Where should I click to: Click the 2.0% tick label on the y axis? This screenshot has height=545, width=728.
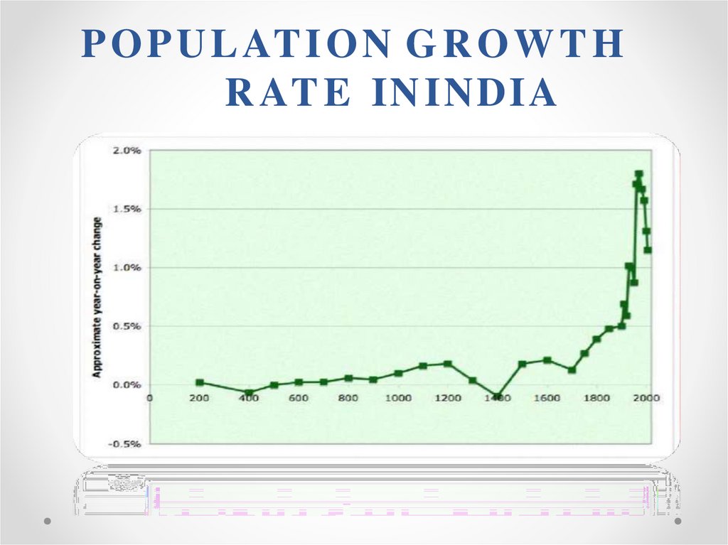click(127, 151)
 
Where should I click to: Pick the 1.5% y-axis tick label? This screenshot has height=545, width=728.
click(127, 209)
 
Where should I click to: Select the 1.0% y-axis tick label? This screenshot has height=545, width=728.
click(127, 267)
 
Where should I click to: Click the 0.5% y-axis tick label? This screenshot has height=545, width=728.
click(127, 326)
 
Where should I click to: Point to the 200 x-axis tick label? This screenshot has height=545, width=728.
click(199, 398)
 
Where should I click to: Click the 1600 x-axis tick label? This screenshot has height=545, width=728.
click(547, 398)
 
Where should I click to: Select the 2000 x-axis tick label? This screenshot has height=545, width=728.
click(646, 398)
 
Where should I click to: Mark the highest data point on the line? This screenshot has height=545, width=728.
click(639, 174)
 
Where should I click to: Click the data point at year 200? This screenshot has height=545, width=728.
click(200, 382)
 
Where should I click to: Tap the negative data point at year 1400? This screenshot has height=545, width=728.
click(498, 396)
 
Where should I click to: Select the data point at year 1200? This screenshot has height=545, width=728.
click(448, 364)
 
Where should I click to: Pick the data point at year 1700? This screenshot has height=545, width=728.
click(572, 369)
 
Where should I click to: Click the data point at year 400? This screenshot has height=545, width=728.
click(249, 392)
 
